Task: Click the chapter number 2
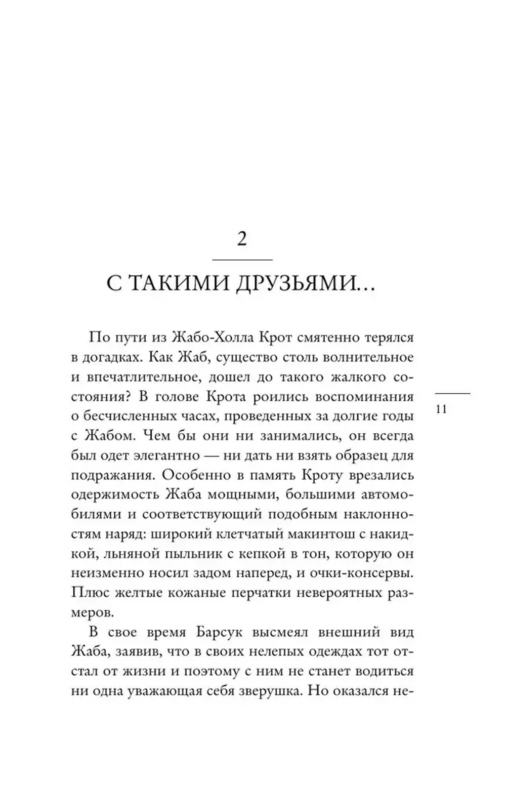pyautogui.click(x=242, y=238)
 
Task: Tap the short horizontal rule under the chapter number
pyautogui.click(x=242, y=260)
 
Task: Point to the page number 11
pyautogui.click(x=441, y=409)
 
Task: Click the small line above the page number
pyautogui.click(x=452, y=393)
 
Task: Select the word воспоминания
pyautogui.click(x=364, y=397)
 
